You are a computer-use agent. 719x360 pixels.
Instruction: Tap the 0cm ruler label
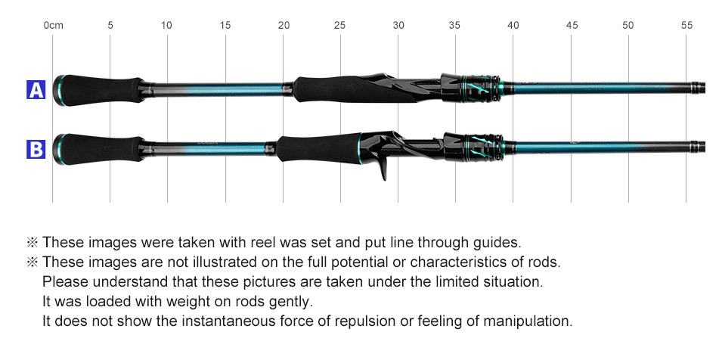pyautogui.click(x=53, y=25)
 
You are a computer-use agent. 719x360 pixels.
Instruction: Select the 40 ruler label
pyautogui.click(x=513, y=25)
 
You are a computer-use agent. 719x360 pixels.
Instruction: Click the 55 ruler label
pyautogui.click(x=686, y=25)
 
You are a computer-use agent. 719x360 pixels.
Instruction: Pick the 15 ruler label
pyautogui.click(x=225, y=25)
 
